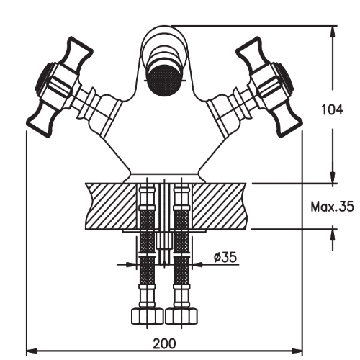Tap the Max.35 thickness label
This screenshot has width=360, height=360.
click(x=332, y=207)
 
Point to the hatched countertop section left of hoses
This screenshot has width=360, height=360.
click(x=108, y=205)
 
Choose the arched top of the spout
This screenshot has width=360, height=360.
click(x=163, y=36)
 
